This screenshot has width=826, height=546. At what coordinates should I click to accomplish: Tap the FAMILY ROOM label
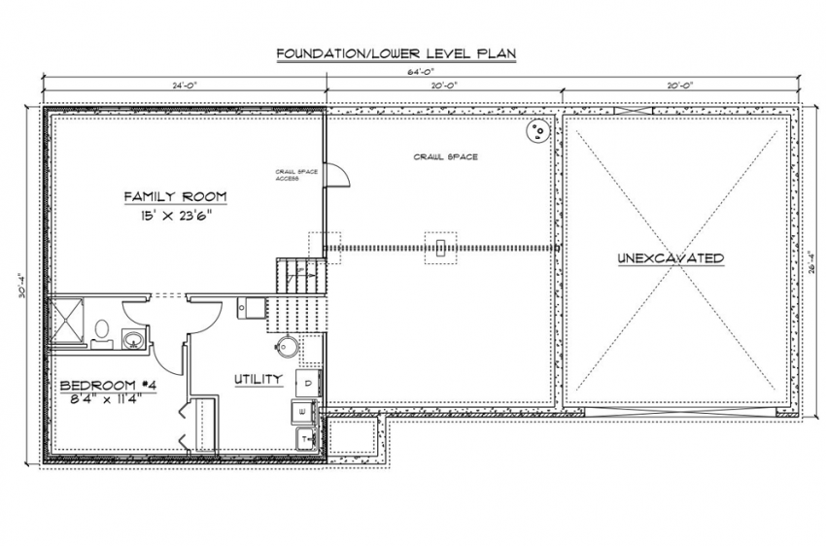[175, 197]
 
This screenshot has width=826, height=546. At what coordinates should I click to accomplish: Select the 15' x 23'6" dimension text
[175, 217]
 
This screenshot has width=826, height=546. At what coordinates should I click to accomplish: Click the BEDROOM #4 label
[102, 385]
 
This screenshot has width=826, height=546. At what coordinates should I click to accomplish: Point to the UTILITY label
[258, 379]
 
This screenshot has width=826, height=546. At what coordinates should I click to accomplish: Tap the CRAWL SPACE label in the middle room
[445, 156]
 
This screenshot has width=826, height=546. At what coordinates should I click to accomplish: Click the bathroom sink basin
[133, 339]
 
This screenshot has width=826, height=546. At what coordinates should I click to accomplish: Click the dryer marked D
[305, 383]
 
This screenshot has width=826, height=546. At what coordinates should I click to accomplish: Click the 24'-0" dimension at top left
[185, 85]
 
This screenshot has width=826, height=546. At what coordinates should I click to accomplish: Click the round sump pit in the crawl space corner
[536, 131]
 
